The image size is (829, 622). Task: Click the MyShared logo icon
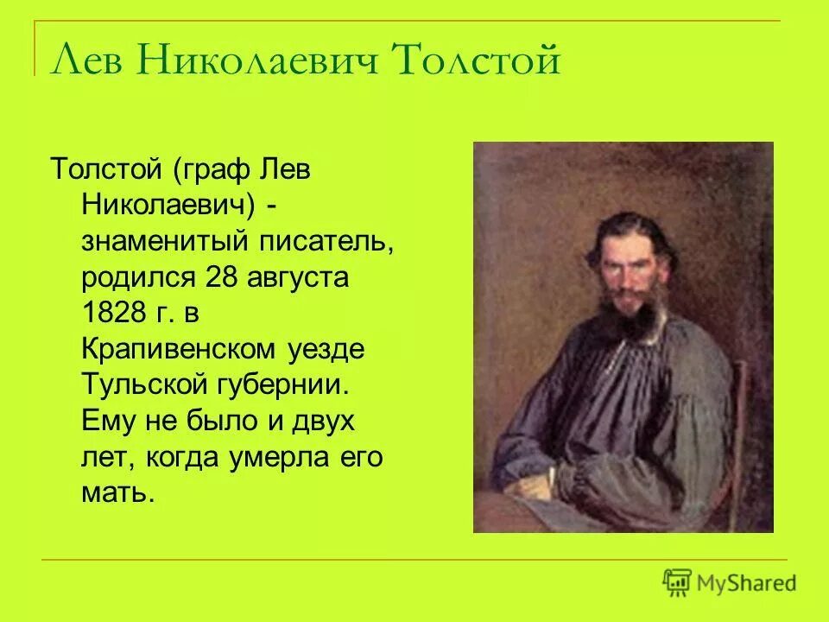click(678, 582)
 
